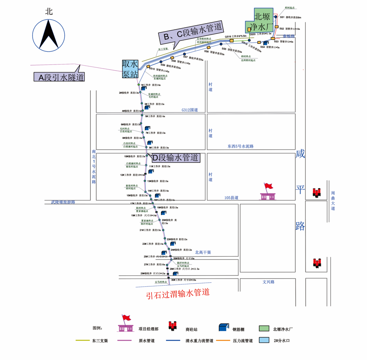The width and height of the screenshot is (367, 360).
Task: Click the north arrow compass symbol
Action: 49,36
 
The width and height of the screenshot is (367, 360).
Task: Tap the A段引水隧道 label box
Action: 59,77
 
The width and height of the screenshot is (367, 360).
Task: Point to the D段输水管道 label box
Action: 175,157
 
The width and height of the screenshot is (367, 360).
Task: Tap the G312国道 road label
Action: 189,110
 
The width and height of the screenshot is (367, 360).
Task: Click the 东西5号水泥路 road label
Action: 240,146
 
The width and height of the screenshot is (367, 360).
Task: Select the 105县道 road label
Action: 232,198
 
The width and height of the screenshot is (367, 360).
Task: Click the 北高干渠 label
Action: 203,252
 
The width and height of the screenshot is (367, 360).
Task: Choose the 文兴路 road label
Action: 268,282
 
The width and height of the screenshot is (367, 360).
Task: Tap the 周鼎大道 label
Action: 333,200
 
